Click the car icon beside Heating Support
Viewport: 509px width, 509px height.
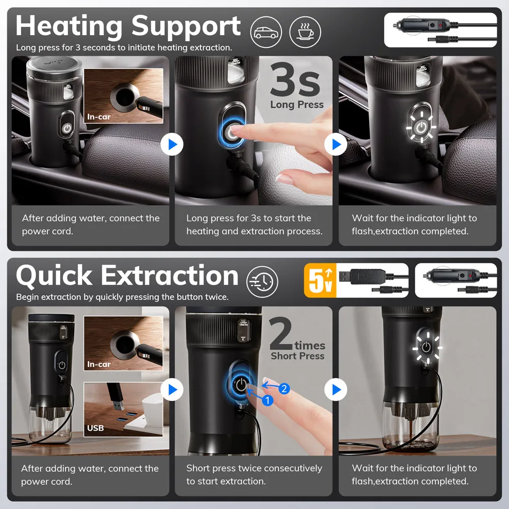(266, 32)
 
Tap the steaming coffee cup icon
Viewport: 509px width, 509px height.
(305, 32)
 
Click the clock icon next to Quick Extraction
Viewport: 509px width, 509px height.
(262, 282)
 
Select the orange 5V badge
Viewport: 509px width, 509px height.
(320, 280)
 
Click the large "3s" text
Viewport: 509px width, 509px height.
(295, 80)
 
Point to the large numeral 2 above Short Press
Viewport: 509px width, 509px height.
(281, 334)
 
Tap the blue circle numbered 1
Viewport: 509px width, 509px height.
(268, 400)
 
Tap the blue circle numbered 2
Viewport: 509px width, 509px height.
(284, 388)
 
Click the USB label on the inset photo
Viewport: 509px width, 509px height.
(96, 428)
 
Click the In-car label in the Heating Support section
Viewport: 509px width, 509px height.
(99, 117)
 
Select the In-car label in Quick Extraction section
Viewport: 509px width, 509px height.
(99, 364)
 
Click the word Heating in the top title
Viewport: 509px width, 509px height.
(69, 26)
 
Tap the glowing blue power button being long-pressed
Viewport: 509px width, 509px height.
(232, 132)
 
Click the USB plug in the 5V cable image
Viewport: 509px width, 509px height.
(345, 276)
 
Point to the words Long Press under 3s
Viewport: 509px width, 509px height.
(297, 104)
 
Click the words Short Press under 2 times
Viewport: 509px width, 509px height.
(298, 356)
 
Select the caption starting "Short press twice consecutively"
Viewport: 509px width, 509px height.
(254, 474)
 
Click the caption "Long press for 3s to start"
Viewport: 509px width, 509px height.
(254, 224)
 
